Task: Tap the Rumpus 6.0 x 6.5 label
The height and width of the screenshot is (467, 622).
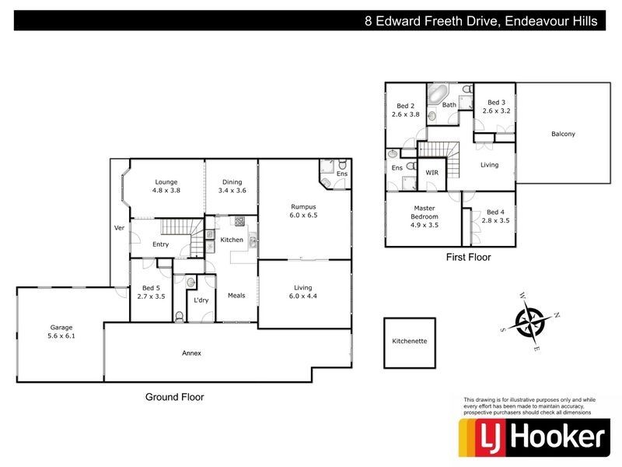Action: (304, 210)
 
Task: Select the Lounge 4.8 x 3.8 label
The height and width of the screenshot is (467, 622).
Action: (166, 186)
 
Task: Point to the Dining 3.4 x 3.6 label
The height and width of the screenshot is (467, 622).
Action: (231, 186)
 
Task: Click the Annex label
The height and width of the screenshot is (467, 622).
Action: (192, 353)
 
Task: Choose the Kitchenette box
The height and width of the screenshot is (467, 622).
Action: (410, 341)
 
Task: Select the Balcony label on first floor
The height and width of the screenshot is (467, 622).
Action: (563, 134)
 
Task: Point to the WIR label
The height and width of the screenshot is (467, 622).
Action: (432, 172)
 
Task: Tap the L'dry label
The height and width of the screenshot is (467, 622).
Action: (201, 300)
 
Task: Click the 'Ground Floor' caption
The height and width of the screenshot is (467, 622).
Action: (175, 397)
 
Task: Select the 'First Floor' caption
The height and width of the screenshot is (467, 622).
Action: (467, 257)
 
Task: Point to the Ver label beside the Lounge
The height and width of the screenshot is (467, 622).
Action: (119, 228)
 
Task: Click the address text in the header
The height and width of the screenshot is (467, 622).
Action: (481, 22)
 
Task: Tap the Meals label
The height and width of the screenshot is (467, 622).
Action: (236, 295)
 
